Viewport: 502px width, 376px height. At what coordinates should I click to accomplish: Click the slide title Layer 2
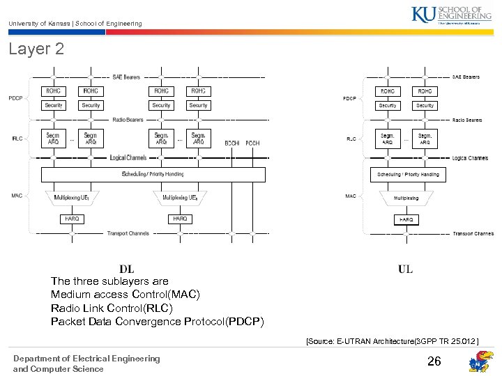[x=36, y=49]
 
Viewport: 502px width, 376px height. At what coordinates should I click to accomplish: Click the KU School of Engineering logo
[x=456, y=15]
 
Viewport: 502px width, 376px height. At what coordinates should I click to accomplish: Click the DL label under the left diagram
[x=127, y=269]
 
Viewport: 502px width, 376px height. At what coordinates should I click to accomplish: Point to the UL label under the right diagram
[x=405, y=269]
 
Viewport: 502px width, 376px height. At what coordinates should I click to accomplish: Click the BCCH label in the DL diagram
[x=232, y=143]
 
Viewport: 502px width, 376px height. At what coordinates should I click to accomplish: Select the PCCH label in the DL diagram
[x=252, y=143]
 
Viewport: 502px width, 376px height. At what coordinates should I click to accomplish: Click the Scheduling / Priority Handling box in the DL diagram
[x=153, y=174]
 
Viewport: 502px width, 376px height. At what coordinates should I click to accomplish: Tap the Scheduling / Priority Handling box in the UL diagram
[x=408, y=174]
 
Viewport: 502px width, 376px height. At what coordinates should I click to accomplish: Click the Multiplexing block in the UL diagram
[x=406, y=198]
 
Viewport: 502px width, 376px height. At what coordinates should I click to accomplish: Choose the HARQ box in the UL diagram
[x=406, y=219]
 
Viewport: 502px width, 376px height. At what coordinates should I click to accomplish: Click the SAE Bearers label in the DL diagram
[x=126, y=77]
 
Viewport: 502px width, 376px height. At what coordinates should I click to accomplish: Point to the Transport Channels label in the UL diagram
[x=473, y=234]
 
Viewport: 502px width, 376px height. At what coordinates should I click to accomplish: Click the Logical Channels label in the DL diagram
[x=128, y=158]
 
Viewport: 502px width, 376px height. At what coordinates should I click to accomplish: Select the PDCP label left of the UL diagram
[x=349, y=99]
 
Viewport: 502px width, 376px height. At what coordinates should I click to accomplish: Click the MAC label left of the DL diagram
[x=17, y=196]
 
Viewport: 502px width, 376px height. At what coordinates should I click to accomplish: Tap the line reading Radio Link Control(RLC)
[x=112, y=308]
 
